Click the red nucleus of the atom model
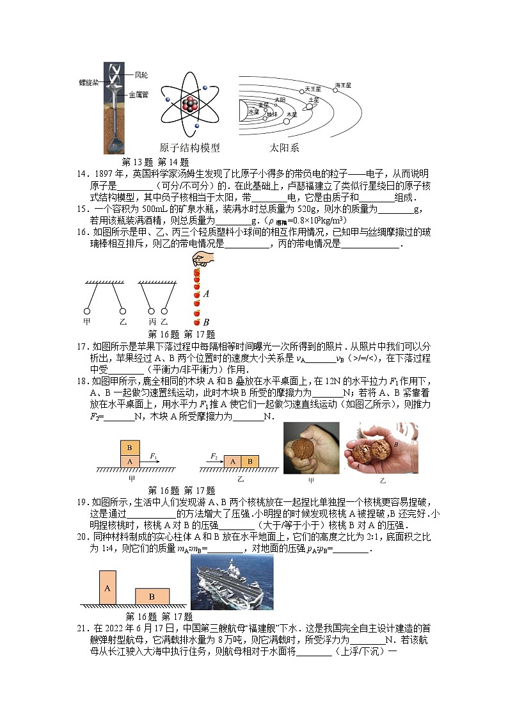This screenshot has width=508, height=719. pos(189,104)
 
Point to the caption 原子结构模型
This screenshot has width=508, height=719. pos(189,148)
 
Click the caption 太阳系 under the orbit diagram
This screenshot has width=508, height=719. pos(284,148)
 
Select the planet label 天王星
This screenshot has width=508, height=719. pos(313,89)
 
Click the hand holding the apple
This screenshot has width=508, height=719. pos(203,259)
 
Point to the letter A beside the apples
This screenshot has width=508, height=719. pos(206,294)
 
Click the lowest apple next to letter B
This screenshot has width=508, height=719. pos(197,322)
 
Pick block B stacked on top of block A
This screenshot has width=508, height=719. pos(130,448)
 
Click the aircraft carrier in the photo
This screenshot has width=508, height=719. pos(232,583)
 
